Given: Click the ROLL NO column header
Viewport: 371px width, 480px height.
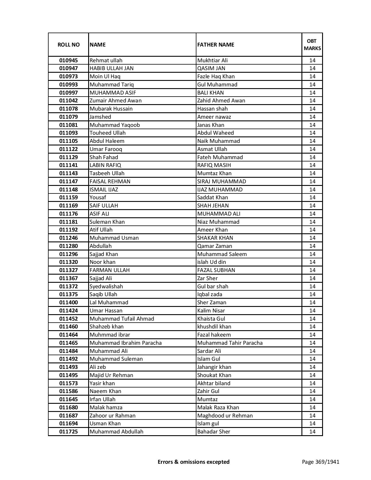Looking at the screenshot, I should (x=68, y=45).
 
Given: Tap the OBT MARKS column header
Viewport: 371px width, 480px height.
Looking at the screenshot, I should (x=312, y=45).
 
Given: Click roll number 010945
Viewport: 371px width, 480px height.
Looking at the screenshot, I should (x=68, y=61).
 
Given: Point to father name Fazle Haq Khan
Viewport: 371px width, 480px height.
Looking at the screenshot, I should (x=216, y=77).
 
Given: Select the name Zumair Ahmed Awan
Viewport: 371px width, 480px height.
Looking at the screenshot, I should (x=116, y=101).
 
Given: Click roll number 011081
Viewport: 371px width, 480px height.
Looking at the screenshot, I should (x=68, y=125).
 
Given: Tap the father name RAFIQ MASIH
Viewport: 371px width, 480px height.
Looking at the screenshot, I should (x=214, y=165).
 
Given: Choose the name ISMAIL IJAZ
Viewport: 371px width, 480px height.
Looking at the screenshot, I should (x=104, y=189).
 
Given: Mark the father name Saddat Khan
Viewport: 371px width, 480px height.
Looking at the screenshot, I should (x=212, y=198).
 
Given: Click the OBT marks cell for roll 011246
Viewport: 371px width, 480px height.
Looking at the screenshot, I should (x=312, y=238).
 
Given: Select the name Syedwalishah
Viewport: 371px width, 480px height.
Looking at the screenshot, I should (x=106, y=286).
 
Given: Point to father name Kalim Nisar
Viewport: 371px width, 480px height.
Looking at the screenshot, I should (x=211, y=310).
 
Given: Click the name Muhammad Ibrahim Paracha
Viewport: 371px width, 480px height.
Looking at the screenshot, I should (x=125, y=343).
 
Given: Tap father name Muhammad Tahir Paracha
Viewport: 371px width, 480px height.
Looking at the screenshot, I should (x=230, y=343).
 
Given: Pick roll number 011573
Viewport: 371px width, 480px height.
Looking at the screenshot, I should (x=68, y=383).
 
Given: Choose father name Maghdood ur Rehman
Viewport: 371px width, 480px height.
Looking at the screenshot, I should (x=225, y=415).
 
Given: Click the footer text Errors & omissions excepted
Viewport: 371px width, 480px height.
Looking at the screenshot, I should (x=194, y=462).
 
